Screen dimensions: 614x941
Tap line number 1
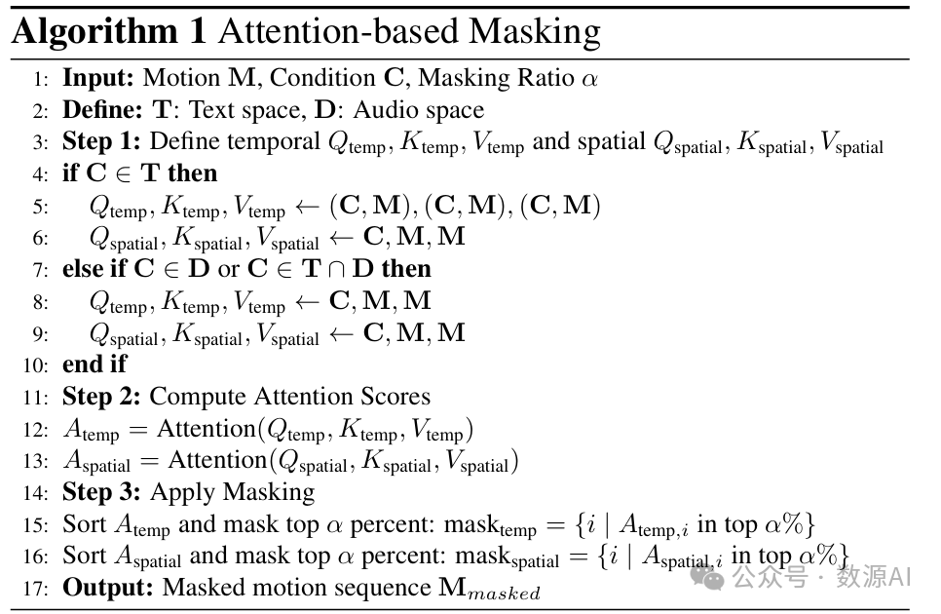tap(42, 79)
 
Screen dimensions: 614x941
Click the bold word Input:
tap(99, 78)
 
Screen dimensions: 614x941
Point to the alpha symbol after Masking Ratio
tap(588, 79)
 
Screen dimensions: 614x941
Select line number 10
tap(38, 365)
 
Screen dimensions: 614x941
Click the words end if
tap(94, 365)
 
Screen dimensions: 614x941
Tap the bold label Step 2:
tap(102, 396)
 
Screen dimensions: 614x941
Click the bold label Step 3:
tap(102, 491)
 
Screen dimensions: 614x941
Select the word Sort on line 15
tap(84, 523)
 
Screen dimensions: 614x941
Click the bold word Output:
tap(108, 588)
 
